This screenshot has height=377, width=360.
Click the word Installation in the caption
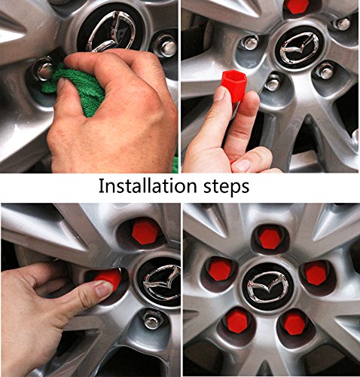(x=148, y=185)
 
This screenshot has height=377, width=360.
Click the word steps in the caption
(x=226, y=187)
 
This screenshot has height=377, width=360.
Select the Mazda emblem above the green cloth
(x=111, y=31)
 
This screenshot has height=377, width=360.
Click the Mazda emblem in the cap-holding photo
(x=299, y=48)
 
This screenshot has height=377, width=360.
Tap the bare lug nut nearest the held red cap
(x=273, y=82)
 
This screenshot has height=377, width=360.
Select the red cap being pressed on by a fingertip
(x=108, y=278)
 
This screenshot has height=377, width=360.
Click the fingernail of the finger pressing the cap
(x=104, y=290)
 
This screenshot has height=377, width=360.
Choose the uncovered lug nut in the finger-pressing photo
(x=151, y=319)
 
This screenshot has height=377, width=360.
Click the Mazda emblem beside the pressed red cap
(x=162, y=282)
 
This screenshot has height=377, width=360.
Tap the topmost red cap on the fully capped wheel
(x=270, y=238)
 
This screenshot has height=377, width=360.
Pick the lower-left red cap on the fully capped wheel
(x=237, y=320)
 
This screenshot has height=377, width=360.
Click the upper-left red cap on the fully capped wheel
(x=220, y=270)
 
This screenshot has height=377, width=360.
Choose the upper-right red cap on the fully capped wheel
(x=316, y=274)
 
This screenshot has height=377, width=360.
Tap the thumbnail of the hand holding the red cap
(x=221, y=94)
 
